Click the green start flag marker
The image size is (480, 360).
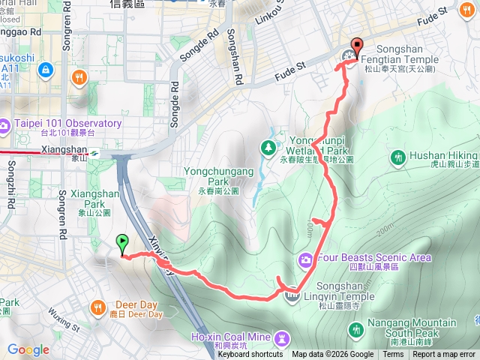click(x=122, y=242)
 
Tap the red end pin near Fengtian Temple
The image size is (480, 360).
click(x=355, y=44)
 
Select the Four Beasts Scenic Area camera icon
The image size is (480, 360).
click(x=306, y=259)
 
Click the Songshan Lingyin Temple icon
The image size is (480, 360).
click(x=292, y=296)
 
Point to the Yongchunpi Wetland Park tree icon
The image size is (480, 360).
click(x=268, y=147)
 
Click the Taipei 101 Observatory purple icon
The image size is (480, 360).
click(x=5, y=124)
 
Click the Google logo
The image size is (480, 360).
click(x=28, y=349)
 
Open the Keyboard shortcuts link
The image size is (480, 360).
click(x=251, y=355)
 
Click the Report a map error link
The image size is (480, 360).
click(x=445, y=355)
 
